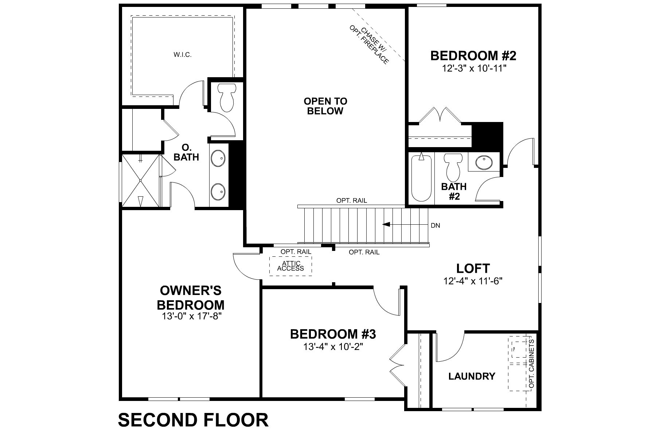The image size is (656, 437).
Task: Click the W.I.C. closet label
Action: pyautogui.click(x=183, y=55)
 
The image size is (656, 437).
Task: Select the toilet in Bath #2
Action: pyautogui.click(x=453, y=167)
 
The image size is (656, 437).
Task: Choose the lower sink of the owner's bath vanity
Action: pyautogui.click(x=218, y=190)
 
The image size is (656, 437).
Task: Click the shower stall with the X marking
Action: pyautogui.click(x=141, y=180)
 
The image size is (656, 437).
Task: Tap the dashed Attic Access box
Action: pyautogui.click(x=291, y=266)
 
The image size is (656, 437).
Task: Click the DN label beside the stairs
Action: pyautogui.click(x=435, y=225)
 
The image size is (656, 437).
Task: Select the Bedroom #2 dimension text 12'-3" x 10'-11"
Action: pyautogui.click(x=473, y=68)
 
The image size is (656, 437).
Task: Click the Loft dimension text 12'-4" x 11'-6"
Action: pyautogui.click(x=473, y=281)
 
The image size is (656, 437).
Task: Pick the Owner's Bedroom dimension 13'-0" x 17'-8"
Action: pyautogui.click(x=192, y=316)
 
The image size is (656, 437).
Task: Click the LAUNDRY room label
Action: pyautogui.click(x=472, y=376)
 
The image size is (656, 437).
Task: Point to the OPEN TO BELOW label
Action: pyautogui.click(x=325, y=106)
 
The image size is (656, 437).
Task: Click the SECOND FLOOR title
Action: pyautogui.click(x=193, y=420)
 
